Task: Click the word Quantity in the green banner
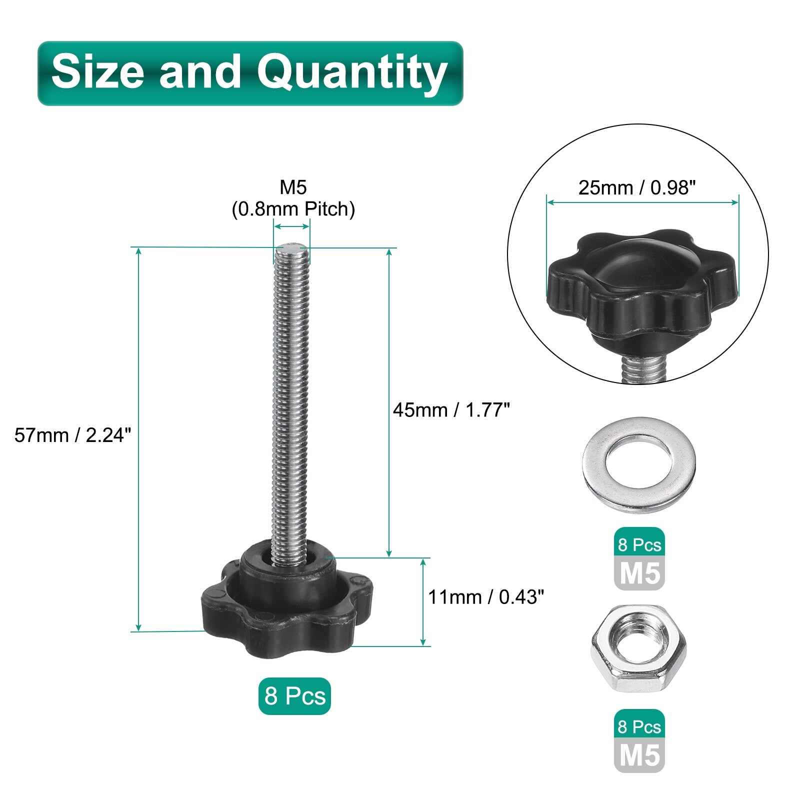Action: tap(352, 73)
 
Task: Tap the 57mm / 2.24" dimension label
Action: tap(73, 435)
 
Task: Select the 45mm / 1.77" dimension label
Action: tap(451, 410)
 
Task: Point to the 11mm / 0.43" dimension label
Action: tap(486, 597)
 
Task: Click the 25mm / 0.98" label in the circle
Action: tap(637, 187)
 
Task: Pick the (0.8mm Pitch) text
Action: tap(293, 209)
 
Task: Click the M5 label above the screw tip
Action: tap(293, 187)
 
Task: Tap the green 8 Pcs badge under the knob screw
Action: tap(294, 696)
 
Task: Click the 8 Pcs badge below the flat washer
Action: tap(639, 544)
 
